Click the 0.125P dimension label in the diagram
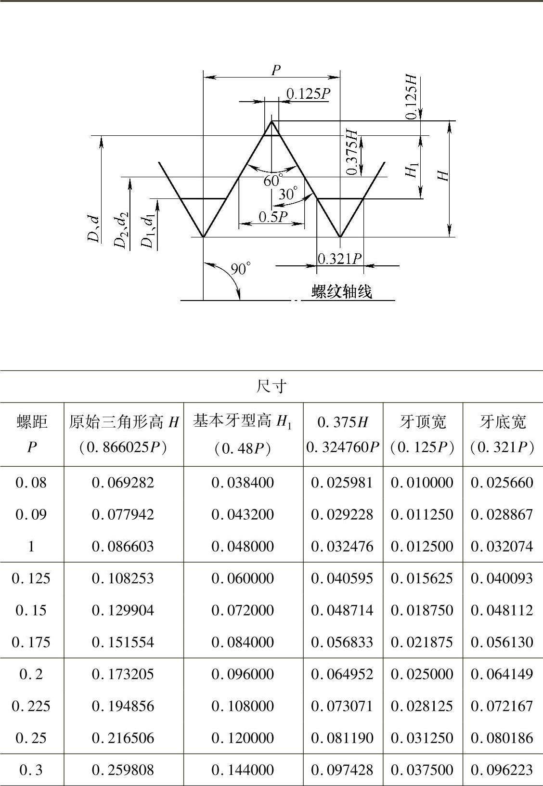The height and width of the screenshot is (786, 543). click(x=308, y=93)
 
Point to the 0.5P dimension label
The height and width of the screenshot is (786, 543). click(x=273, y=217)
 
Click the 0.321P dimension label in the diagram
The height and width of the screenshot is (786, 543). click(x=340, y=259)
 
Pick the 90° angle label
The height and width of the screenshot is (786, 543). click(x=241, y=268)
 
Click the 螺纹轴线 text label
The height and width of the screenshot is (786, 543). click(x=342, y=291)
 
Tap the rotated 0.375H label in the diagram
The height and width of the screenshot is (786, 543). click(x=353, y=152)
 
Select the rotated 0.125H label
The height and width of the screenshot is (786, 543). click(x=412, y=97)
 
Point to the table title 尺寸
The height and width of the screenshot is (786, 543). click(x=272, y=386)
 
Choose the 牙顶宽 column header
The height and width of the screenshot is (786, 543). click(x=423, y=422)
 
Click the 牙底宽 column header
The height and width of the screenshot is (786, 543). click(x=503, y=422)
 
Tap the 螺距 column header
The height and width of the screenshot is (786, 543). click(x=32, y=422)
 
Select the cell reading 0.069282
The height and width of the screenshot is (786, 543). click(x=123, y=483)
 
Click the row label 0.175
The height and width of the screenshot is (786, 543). click(x=32, y=642)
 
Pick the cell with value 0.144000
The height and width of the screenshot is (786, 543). click(x=243, y=770)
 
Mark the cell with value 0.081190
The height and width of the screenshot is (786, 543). click(x=342, y=738)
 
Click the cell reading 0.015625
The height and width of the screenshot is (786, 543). click(x=422, y=578)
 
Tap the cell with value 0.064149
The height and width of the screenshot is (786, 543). click(x=502, y=674)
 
